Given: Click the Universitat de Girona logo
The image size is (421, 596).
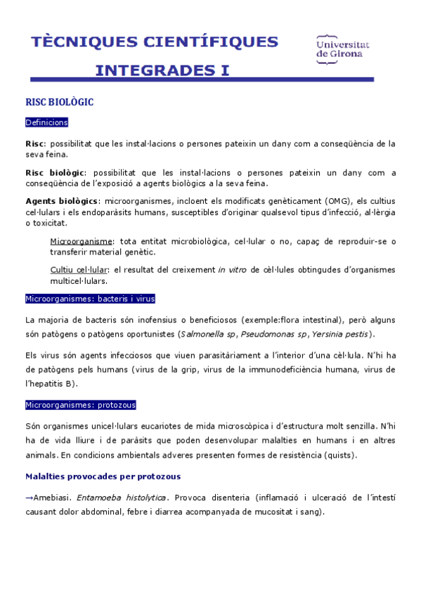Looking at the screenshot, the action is [x=343, y=47].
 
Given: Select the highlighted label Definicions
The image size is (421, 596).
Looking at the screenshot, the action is [x=46, y=123].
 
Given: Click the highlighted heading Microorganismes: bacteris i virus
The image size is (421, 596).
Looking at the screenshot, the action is [x=90, y=299].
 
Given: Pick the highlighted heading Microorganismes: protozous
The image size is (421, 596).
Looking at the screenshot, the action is [x=81, y=405].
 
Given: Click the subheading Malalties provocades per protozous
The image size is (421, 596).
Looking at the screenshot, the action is [x=103, y=476].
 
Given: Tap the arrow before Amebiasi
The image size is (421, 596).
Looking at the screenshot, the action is [x=29, y=498].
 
